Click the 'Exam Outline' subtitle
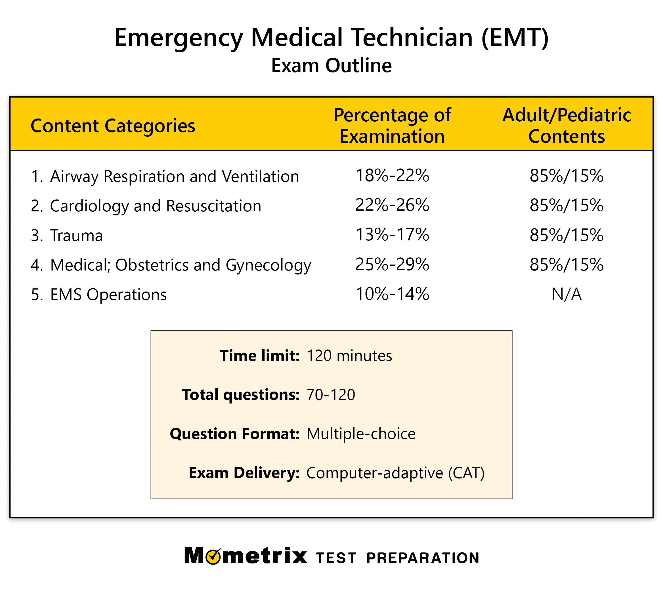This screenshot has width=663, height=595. (x=331, y=65)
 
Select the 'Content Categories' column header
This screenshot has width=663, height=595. (x=113, y=126)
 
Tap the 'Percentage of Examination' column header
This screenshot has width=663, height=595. (x=392, y=126)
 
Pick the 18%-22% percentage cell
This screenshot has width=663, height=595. (x=392, y=176)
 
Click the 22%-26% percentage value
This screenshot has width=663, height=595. (x=392, y=205)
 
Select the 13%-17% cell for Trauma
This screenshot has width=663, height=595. (x=392, y=235)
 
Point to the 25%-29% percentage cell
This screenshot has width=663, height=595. (x=392, y=265)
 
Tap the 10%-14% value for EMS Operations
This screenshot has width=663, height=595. (x=392, y=294)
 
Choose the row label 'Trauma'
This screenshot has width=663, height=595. (x=76, y=235)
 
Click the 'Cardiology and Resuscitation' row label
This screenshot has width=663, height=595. (x=156, y=206)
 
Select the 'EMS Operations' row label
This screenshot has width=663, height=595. (x=108, y=295)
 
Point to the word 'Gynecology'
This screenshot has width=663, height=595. (x=268, y=265)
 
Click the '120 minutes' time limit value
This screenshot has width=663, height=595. (x=349, y=356)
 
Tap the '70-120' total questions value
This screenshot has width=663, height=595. (x=331, y=395)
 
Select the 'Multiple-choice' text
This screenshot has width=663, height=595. (x=361, y=434)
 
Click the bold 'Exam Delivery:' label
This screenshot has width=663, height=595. (x=244, y=473)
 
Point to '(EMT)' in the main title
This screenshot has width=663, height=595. (x=515, y=38)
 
